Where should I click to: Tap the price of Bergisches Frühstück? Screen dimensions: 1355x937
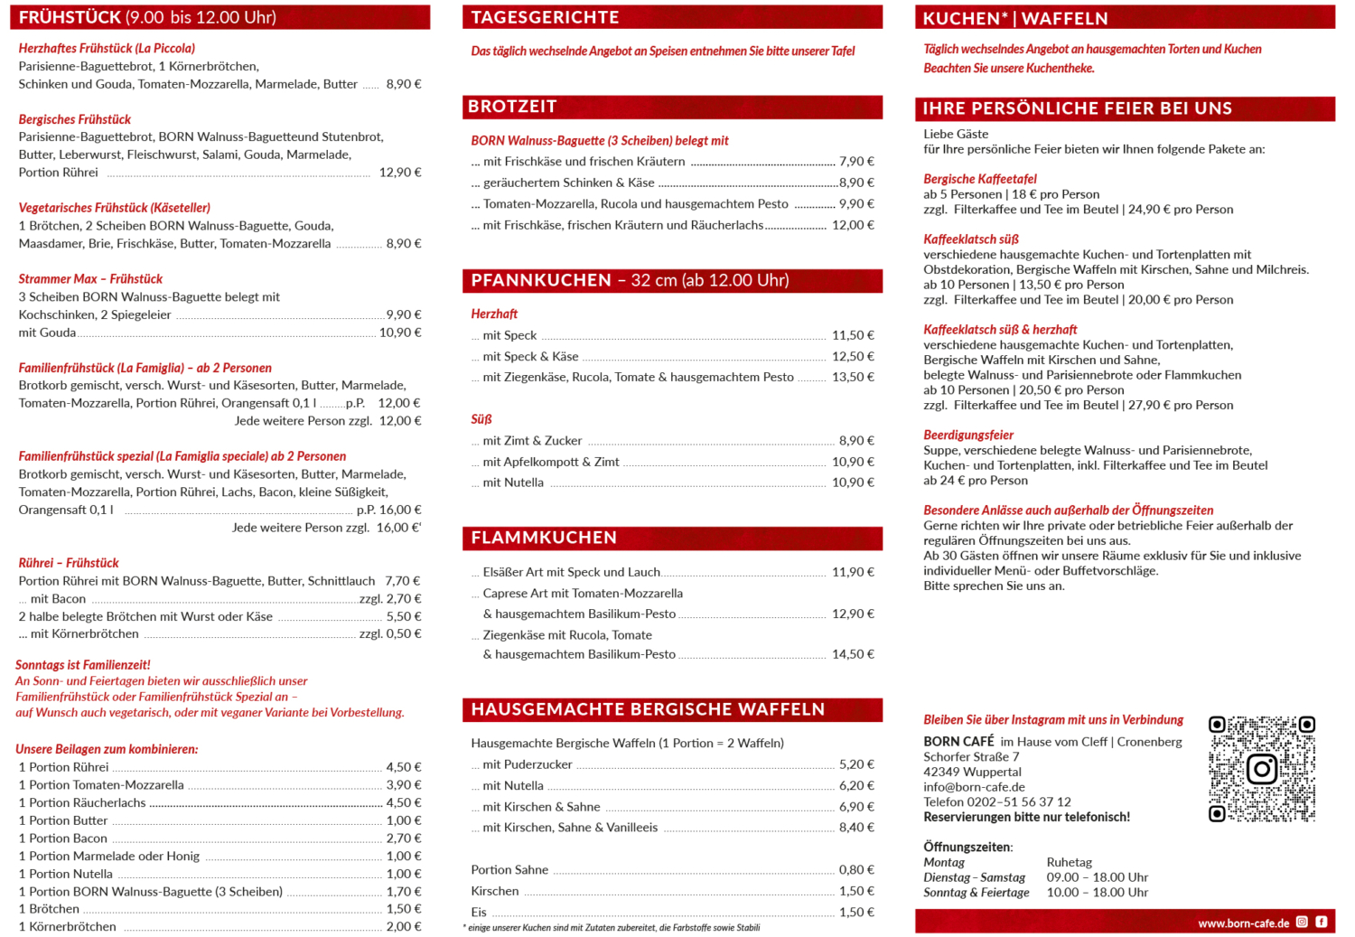(400, 173)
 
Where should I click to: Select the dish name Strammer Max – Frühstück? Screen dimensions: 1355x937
(90, 279)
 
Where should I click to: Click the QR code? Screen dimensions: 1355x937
(1262, 769)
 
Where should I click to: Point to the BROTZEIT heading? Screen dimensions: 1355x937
(512, 107)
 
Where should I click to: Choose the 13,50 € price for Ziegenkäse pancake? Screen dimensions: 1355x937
(853, 378)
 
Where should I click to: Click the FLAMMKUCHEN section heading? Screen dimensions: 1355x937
(544, 539)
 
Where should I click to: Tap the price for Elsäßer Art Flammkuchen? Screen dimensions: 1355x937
(853, 572)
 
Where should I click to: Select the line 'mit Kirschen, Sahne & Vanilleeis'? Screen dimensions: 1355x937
(570, 828)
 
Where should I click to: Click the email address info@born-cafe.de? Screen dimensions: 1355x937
(974, 787)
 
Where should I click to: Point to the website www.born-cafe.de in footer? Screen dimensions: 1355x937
(1243, 923)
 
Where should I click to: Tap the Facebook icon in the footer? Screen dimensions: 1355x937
(1322, 923)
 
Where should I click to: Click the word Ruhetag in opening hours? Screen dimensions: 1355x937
(1070, 863)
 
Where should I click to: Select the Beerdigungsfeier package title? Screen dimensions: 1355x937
(968, 436)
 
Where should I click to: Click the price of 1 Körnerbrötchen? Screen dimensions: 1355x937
(404, 927)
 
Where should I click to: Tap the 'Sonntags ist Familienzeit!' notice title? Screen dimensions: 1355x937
(83, 665)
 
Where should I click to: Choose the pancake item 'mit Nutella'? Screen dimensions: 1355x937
(513, 483)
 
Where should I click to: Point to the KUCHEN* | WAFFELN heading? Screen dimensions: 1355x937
(1014, 19)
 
